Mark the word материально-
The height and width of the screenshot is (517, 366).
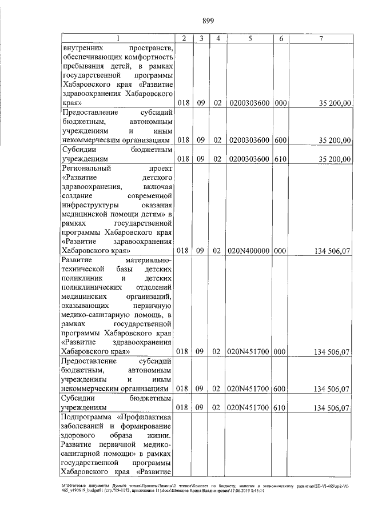[x=148, y=260]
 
